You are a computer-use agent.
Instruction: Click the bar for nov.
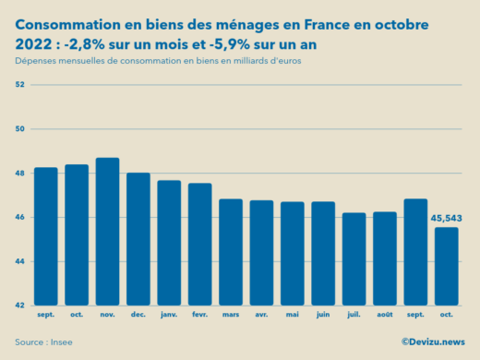[x=107, y=232]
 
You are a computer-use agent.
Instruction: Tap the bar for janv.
[x=169, y=243]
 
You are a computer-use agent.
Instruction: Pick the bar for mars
[x=231, y=252]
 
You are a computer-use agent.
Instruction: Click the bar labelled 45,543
[x=447, y=267]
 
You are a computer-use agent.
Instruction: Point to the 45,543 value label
[x=447, y=219]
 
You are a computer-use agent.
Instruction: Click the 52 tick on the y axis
[x=19, y=85]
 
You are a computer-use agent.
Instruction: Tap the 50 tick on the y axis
[x=19, y=129]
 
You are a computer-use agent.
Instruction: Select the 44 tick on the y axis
[x=19, y=261]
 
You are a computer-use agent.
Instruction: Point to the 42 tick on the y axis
[x=19, y=306]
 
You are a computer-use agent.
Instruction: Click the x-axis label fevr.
[x=199, y=316]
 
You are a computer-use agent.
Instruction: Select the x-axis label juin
[x=323, y=316]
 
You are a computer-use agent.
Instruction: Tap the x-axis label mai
[x=292, y=316]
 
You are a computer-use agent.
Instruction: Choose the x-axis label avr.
[x=261, y=316]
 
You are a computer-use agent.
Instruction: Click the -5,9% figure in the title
[x=248, y=43]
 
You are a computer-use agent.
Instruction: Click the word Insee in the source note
[x=60, y=342]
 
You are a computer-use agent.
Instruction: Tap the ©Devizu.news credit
[x=434, y=342]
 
